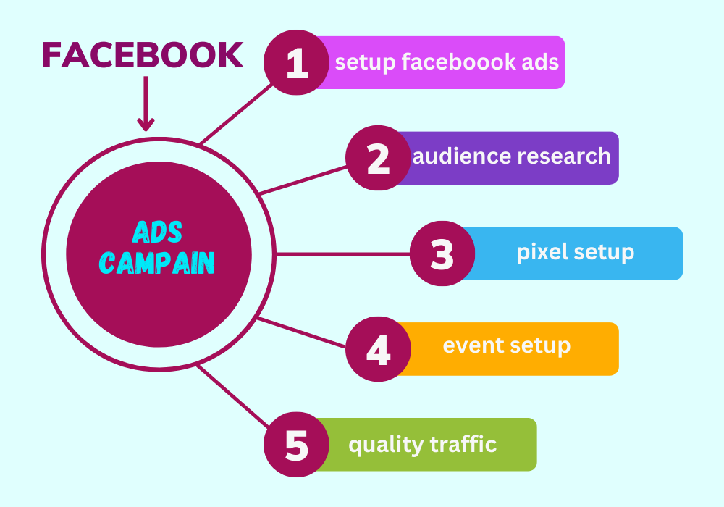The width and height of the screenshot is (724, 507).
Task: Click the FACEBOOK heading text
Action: [x=143, y=55]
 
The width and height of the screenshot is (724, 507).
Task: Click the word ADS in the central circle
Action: [x=158, y=232]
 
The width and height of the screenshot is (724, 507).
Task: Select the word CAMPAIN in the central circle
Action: [x=158, y=263]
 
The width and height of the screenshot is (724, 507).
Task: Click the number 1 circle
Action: [x=296, y=63]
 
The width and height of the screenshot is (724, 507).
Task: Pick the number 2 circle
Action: [x=378, y=159]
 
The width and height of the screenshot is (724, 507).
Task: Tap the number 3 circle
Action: [x=442, y=253]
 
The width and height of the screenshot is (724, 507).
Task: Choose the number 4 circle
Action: [x=378, y=349]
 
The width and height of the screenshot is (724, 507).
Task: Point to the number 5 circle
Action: [x=296, y=445]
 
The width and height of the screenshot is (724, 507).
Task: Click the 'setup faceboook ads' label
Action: [x=447, y=62]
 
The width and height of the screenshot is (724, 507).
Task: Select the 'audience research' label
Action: [x=512, y=156]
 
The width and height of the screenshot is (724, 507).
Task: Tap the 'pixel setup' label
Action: [x=575, y=253]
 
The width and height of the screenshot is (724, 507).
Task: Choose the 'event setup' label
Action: [x=507, y=346]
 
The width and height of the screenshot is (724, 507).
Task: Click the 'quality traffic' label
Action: [x=423, y=444]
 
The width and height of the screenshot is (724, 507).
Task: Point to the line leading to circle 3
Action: [x=340, y=254]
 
